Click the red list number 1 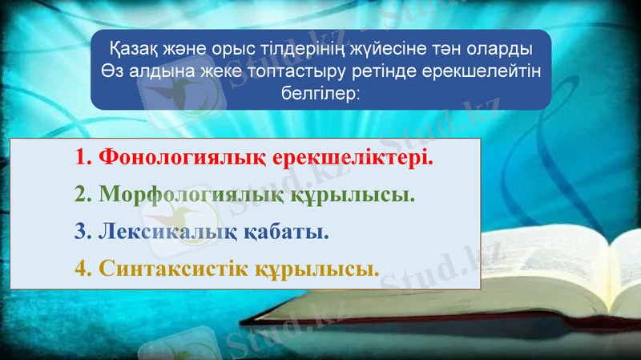pyautogui.click(x=82, y=158)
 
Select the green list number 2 pyautogui.click(x=82, y=195)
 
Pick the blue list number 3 pyautogui.click(x=82, y=232)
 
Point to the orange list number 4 pyautogui.click(x=82, y=268)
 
